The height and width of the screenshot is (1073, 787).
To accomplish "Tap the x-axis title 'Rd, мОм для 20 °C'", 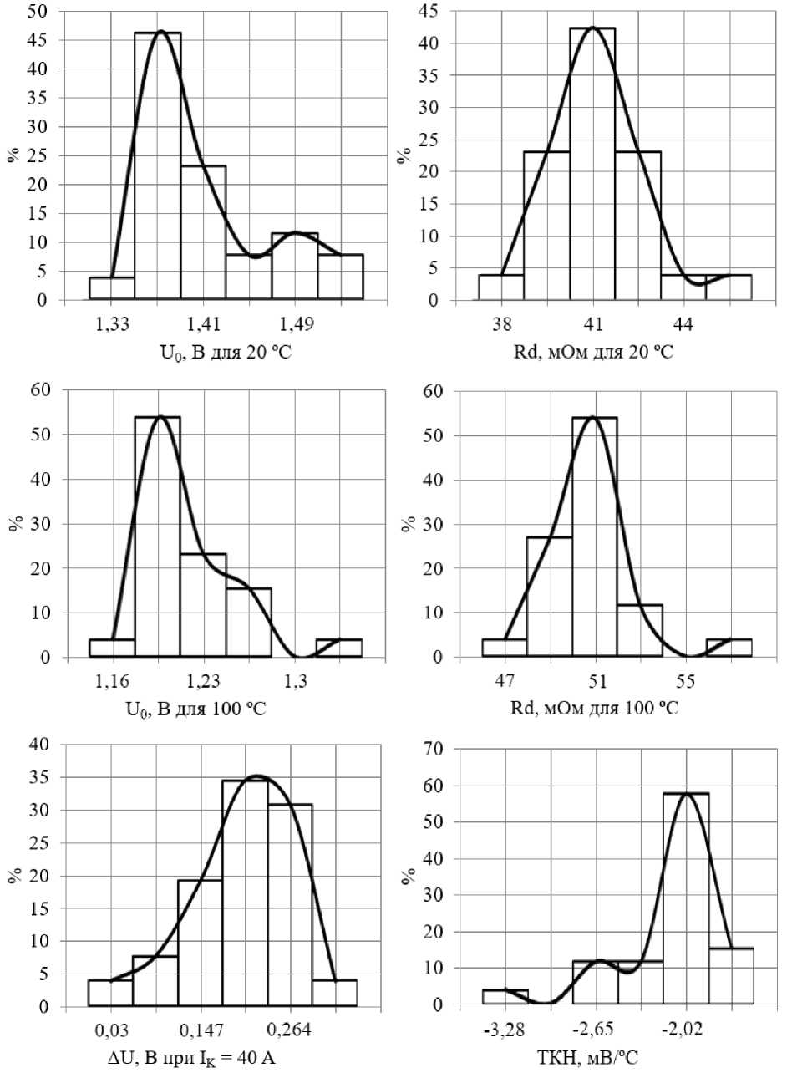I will pyautogui.click(x=594, y=352).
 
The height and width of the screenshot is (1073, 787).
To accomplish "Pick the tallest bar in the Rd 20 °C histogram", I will pyautogui.click(x=592, y=164).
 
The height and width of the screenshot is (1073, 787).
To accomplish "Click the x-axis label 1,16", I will pyautogui.click(x=111, y=681).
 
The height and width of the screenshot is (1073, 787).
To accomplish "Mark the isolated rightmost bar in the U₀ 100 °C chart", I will pyautogui.click(x=338, y=648).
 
